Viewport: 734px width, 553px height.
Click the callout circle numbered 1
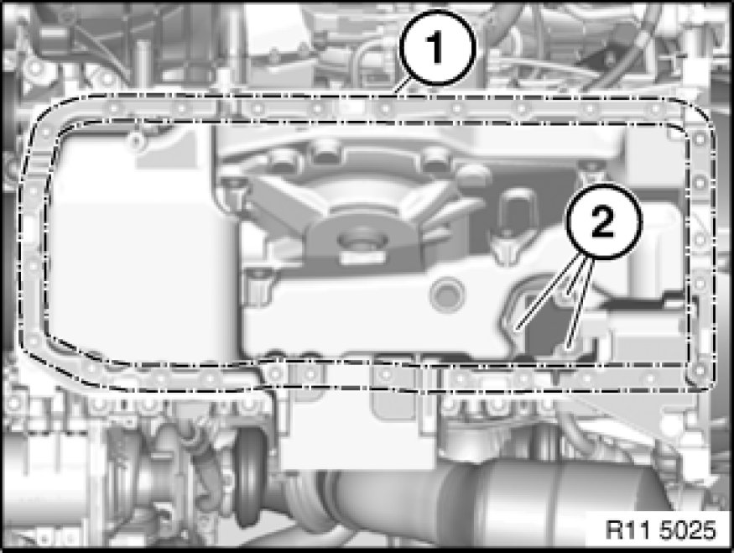pyautogui.click(x=437, y=48)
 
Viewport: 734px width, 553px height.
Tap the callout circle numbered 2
pyautogui.click(x=604, y=221)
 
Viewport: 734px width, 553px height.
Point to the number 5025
pyautogui.click(x=688, y=530)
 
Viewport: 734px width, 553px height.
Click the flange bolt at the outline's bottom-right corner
pyautogui.click(x=699, y=371)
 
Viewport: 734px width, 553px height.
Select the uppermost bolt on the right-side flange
pyautogui.click(x=700, y=138)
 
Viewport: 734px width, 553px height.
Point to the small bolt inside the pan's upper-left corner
pyautogui.click(x=135, y=139)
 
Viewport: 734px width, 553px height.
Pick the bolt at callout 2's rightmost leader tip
pyautogui.click(x=568, y=347)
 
